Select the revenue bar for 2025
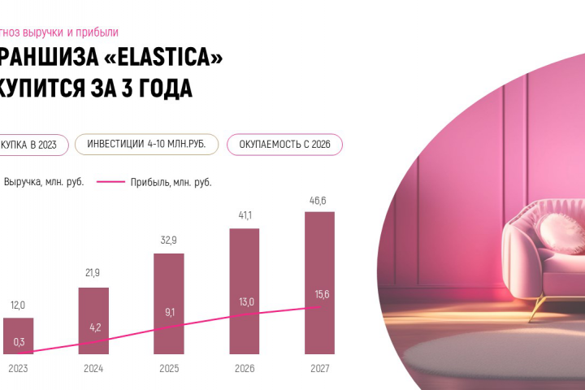[x=168, y=284]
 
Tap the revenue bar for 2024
[x=93, y=309]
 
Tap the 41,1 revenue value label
[x=243, y=216]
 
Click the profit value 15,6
[x=321, y=295]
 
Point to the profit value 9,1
[x=168, y=311]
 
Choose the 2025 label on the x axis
[x=168, y=368]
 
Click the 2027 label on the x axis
[x=319, y=368]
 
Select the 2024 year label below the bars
[x=93, y=368]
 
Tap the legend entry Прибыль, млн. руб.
[x=171, y=182]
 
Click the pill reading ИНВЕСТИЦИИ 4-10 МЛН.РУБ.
[x=146, y=145]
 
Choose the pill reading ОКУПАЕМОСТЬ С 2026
[x=284, y=145]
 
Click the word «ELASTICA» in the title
[x=154, y=57]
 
